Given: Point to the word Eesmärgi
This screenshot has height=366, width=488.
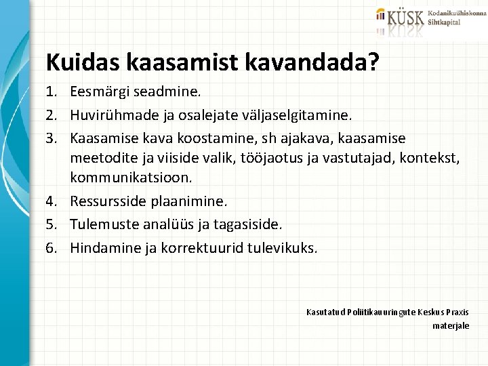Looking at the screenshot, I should (x=98, y=90).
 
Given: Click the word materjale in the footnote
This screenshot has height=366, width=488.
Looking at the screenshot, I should (x=451, y=326).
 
